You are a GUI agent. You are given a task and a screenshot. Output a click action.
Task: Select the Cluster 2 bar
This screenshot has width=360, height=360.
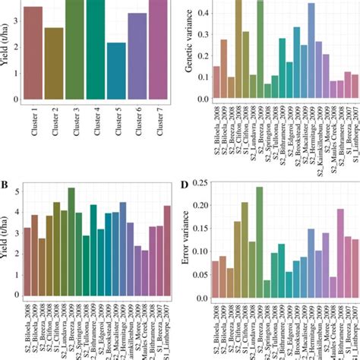[54, 61]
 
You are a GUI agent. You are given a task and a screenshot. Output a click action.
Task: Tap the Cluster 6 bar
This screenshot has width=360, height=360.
[137, 53]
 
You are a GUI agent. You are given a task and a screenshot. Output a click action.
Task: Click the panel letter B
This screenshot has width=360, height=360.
[5, 184]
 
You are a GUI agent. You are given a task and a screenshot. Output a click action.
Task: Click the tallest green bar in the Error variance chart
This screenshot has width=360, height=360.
[259, 243]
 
